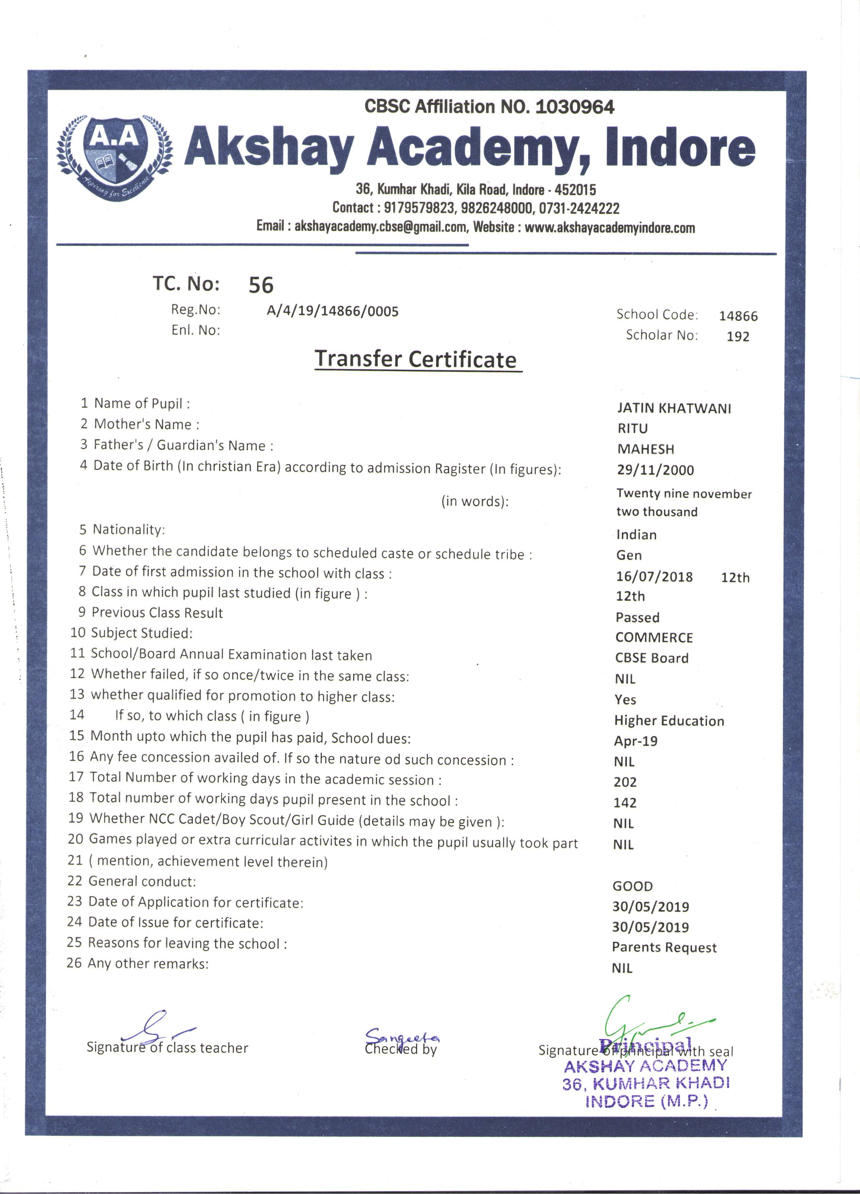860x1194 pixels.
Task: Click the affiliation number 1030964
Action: (574, 107)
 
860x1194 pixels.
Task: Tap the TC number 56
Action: (261, 285)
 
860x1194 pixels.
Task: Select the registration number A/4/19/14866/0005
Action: (332, 311)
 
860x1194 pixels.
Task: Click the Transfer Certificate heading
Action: (415, 360)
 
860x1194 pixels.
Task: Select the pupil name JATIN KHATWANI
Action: (674, 409)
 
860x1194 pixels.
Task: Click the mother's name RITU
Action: (632, 429)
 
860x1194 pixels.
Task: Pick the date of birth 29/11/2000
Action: (656, 470)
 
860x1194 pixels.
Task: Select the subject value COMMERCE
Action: (654, 638)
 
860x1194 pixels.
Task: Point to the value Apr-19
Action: (635, 741)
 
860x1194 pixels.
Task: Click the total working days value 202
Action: (625, 782)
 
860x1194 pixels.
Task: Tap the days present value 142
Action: (625, 803)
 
